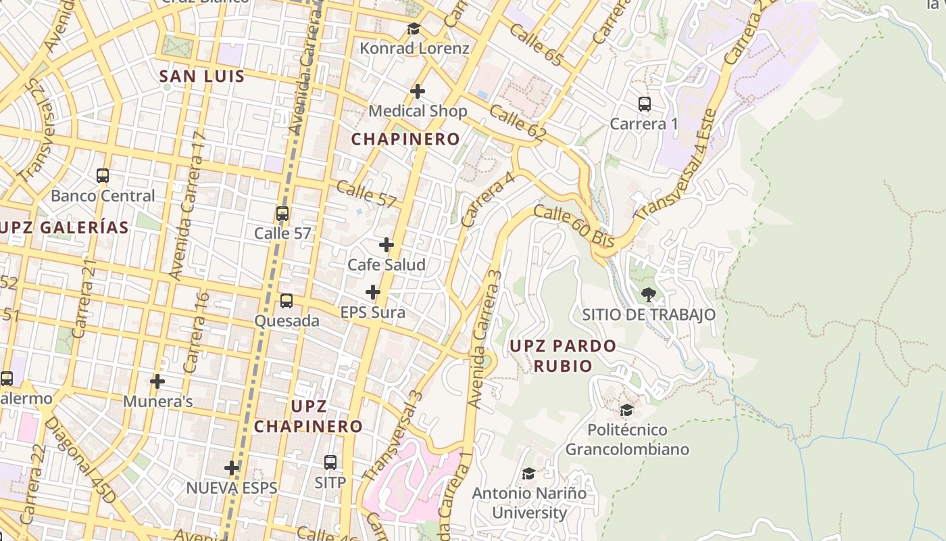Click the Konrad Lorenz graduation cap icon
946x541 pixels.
(x=414, y=28)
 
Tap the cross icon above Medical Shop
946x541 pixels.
(x=418, y=91)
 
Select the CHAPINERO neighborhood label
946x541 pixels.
(x=405, y=139)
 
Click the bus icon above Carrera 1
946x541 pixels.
(x=645, y=104)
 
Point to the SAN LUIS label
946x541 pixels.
(x=202, y=76)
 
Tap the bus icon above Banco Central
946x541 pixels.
(x=103, y=176)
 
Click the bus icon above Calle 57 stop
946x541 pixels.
(x=282, y=214)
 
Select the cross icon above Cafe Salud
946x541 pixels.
(x=387, y=245)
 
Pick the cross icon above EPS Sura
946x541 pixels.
(x=372, y=293)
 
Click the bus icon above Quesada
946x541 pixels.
(x=287, y=301)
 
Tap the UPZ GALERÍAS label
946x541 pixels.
(x=65, y=227)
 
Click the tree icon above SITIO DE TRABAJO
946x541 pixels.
(x=649, y=295)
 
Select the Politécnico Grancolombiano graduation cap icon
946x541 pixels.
(x=627, y=410)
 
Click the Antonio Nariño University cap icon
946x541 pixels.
(x=529, y=473)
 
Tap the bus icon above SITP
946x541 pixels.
(x=330, y=463)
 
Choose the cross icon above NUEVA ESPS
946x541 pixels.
(x=232, y=468)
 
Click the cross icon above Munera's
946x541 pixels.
(x=157, y=381)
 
